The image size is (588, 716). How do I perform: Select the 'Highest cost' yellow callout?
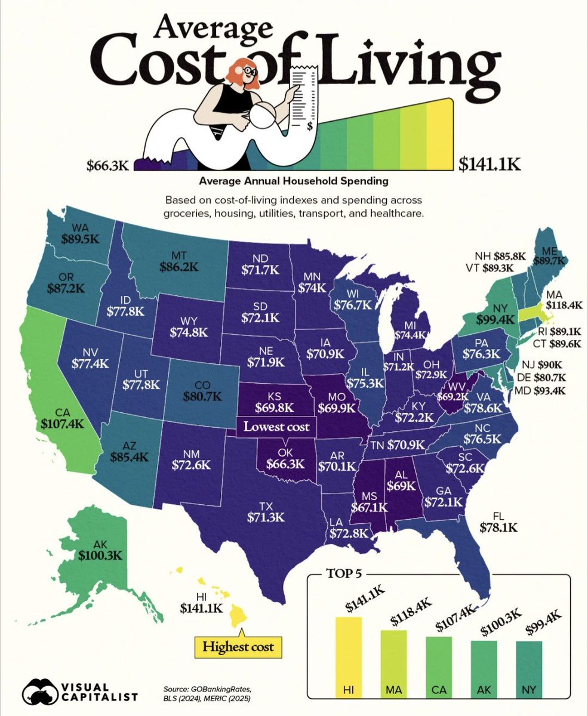pyautogui.click(x=239, y=646)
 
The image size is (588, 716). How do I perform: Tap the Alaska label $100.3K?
pyautogui.click(x=100, y=555)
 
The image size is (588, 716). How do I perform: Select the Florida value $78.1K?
pyautogui.click(x=498, y=527)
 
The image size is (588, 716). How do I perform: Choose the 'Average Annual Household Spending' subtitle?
pyautogui.click(x=293, y=180)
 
